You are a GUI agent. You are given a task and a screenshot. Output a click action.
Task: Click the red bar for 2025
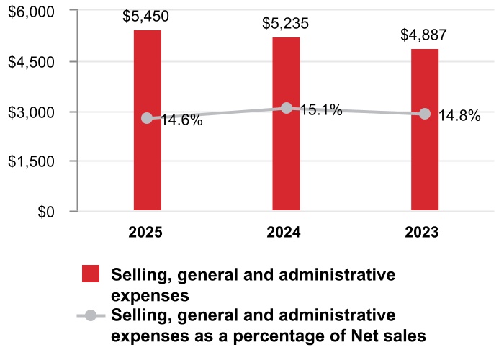147,166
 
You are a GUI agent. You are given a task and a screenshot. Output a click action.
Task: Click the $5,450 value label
147,16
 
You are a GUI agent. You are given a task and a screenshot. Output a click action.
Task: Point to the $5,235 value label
286,23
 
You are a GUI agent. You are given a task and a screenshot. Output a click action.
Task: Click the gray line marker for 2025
147,118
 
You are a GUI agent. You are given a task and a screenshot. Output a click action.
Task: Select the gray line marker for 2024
287,108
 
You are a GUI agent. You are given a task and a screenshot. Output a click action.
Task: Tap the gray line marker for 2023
425,114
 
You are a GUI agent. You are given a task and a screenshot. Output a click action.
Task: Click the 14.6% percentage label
181,120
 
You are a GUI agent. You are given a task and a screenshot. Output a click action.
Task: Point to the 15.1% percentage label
320,111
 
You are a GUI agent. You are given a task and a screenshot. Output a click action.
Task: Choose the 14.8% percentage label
459,116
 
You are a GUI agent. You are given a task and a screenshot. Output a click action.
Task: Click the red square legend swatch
91,274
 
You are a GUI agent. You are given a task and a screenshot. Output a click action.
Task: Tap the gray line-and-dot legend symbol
91,315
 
